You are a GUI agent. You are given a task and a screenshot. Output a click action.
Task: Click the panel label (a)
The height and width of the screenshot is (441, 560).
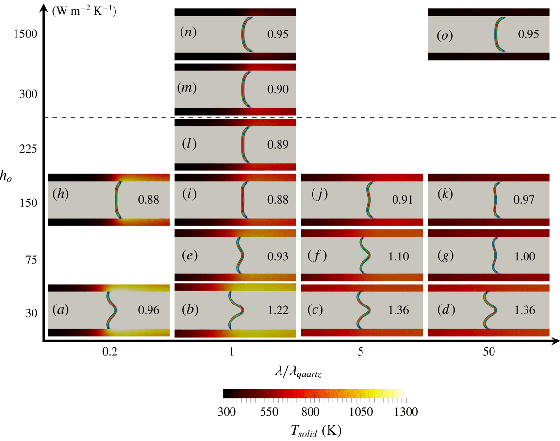pos(61,309)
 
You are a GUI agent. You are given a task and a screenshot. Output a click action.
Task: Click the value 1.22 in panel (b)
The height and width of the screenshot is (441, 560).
pos(278,310)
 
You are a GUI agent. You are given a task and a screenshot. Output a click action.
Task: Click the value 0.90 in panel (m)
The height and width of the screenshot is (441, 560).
pos(278,89)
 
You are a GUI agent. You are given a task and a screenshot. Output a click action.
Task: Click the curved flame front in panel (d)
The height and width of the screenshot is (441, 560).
pos(491,310)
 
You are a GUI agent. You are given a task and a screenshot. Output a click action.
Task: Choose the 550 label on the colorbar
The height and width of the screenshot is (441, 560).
pos(269,412)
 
